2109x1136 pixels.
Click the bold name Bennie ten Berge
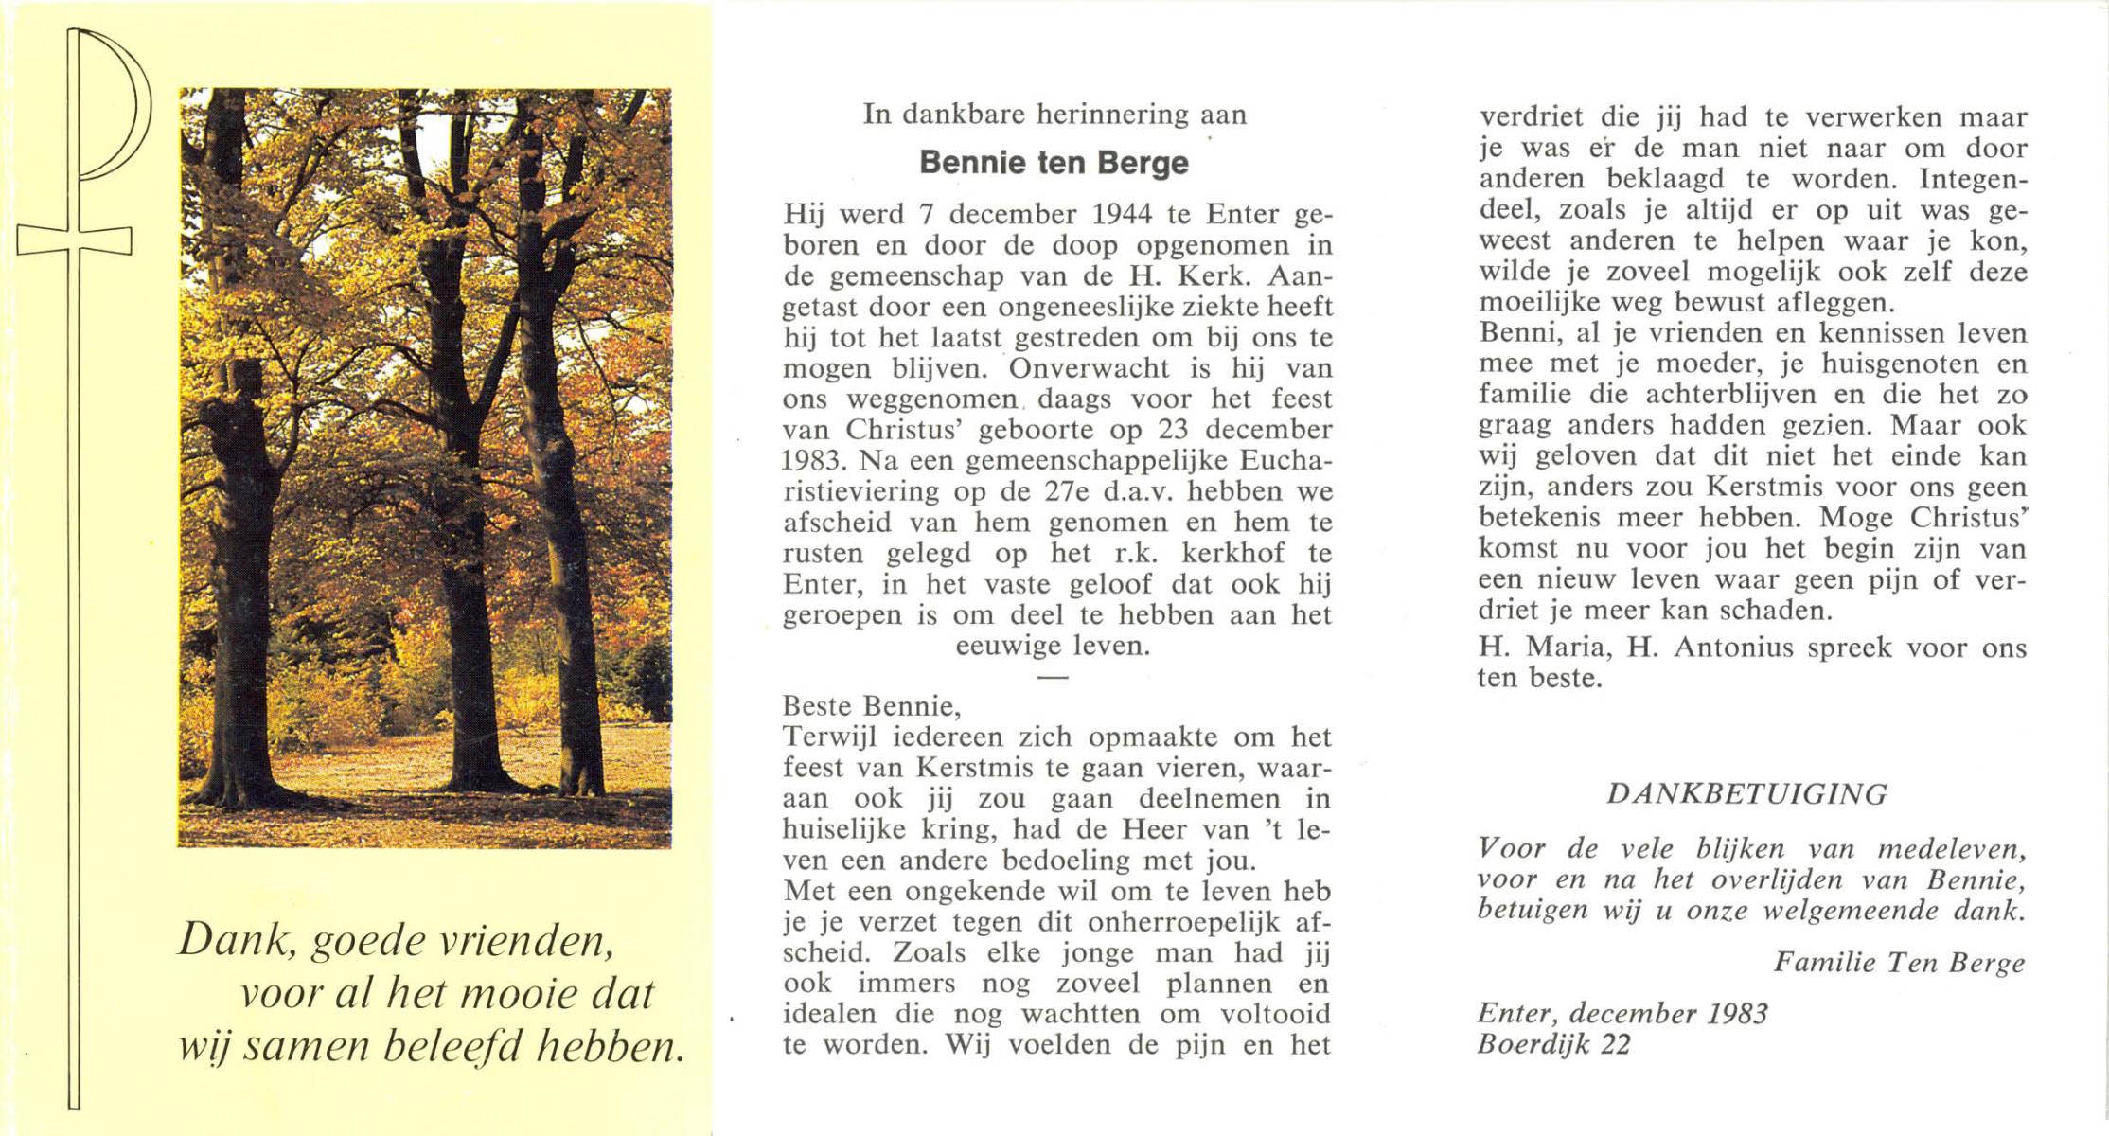click(1054, 163)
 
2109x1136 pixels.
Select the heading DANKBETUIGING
click(1746, 793)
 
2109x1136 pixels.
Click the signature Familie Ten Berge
click(1899, 963)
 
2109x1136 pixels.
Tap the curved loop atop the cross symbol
click(118, 104)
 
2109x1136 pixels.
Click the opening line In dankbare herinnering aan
click(1054, 115)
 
